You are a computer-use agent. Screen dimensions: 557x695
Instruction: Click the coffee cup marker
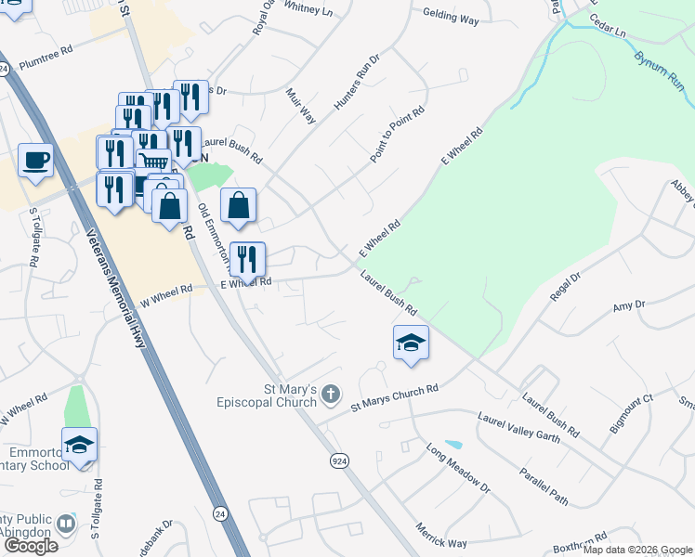click(x=36, y=161)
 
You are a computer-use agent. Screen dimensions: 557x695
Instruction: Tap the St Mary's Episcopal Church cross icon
click(x=330, y=395)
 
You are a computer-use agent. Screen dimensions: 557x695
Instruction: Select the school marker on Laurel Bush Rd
click(x=411, y=343)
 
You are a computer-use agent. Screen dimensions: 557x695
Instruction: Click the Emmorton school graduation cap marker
click(x=80, y=445)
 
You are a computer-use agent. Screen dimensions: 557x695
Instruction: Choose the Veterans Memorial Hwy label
click(x=117, y=289)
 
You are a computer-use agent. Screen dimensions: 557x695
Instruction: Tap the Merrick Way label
click(x=442, y=536)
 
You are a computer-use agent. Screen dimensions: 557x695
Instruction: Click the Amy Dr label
click(x=628, y=306)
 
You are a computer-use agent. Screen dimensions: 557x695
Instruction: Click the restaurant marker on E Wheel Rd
click(x=246, y=259)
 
